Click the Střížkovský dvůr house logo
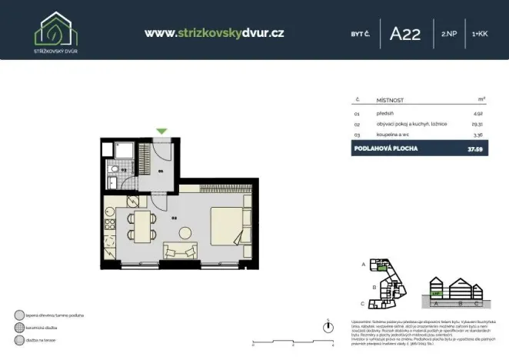[55, 28]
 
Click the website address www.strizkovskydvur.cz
[215, 33]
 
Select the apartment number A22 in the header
[405, 34]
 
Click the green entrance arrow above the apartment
[161, 132]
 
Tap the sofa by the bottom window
[180, 251]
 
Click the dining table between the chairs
[141, 224]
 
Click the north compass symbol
[328, 327]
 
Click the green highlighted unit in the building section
[436, 293]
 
